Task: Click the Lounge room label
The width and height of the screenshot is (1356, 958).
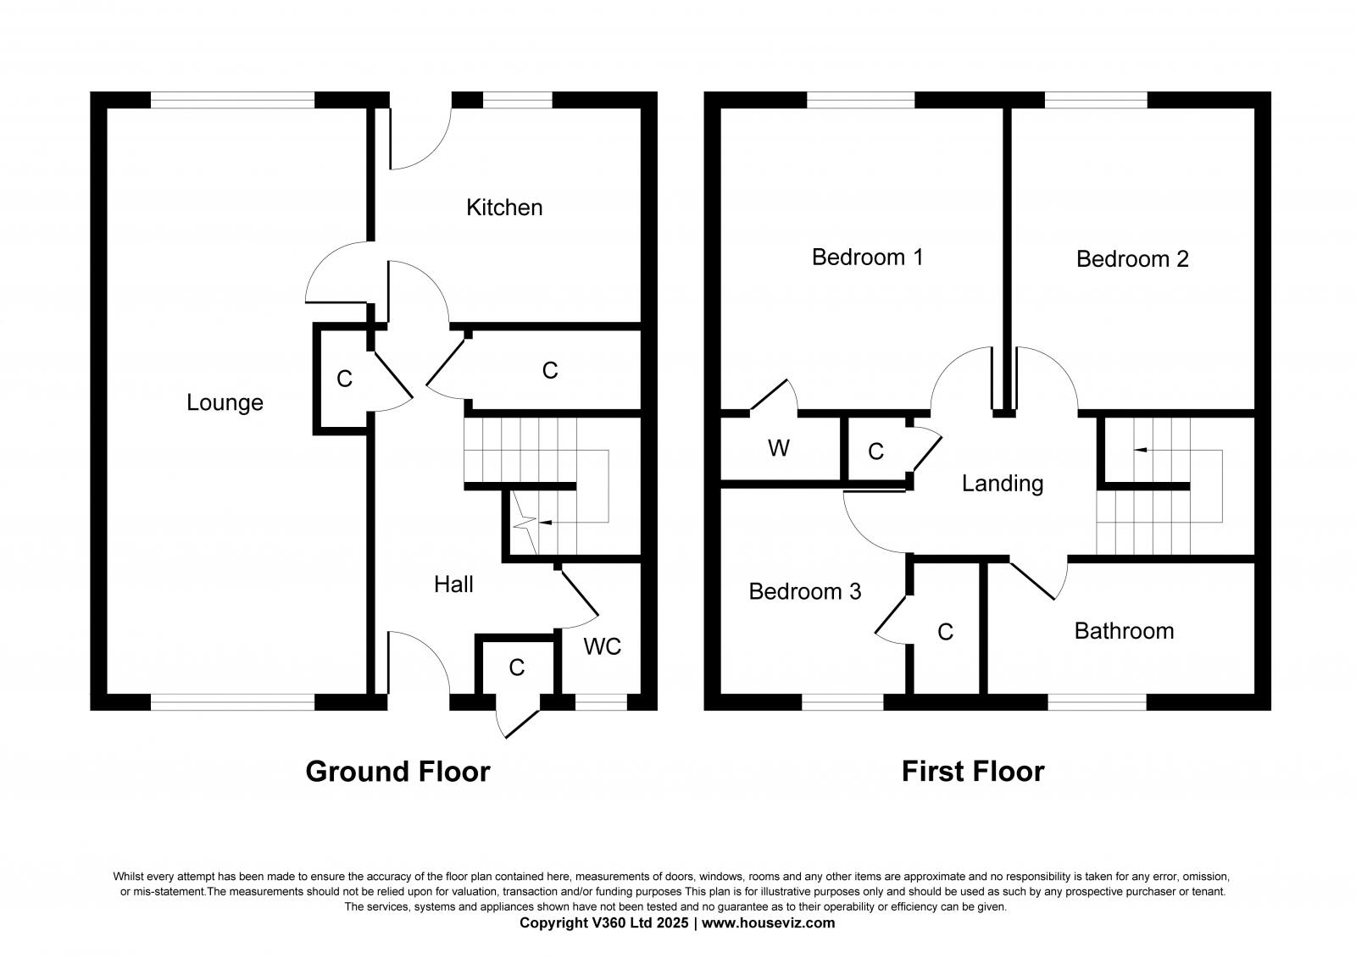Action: point(225,402)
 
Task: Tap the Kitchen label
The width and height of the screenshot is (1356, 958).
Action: point(504,208)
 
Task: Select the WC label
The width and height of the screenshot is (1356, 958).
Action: point(603,647)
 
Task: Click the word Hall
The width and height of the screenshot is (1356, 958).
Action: point(453,584)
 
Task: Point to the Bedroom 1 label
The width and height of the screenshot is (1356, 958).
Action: point(867,257)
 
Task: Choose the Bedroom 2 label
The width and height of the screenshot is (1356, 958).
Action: point(1132,259)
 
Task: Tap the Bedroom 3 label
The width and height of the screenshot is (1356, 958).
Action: point(805,591)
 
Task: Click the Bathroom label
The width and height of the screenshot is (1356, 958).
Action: point(1124,631)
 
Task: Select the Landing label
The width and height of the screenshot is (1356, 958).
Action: point(1003,484)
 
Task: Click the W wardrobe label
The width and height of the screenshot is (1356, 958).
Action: point(779,448)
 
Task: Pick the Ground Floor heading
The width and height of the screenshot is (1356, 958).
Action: point(397,772)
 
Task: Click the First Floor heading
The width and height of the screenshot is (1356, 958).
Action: point(973,772)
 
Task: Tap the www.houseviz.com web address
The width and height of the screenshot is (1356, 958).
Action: point(768,923)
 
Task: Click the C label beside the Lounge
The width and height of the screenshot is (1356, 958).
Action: point(344,379)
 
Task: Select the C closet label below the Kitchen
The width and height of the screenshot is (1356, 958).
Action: point(550,370)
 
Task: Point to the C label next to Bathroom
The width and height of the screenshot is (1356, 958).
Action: point(946,632)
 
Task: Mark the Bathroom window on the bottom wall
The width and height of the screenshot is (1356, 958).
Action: point(1097,702)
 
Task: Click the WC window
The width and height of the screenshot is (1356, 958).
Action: point(601,702)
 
